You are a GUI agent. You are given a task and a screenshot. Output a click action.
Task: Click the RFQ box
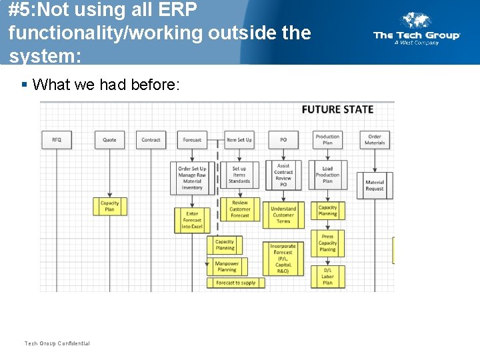(x=57, y=139)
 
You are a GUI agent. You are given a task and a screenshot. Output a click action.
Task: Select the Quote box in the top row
(x=109, y=139)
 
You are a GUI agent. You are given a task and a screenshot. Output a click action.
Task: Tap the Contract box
(x=151, y=139)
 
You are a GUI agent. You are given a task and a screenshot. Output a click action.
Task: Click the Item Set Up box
(x=239, y=139)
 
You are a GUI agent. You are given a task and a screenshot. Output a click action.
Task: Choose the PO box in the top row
(x=283, y=139)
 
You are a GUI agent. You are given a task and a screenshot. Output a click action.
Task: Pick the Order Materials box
(x=375, y=139)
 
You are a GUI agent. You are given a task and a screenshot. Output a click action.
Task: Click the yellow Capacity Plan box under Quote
(x=109, y=206)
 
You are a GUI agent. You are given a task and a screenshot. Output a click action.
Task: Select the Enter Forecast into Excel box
(x=192, y=220)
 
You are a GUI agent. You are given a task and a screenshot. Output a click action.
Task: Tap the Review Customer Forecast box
(x=239, y=209)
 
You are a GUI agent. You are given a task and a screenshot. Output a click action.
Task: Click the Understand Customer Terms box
(x=283, y=215)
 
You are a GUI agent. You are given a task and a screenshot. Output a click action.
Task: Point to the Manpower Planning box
(x=227, y=267)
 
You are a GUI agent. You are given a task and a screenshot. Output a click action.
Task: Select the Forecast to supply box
(x=235, y=283)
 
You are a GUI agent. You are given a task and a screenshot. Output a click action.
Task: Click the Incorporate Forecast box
(x=283, y=258)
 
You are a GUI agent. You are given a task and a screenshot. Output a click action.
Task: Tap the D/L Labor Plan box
(x=327, y=276)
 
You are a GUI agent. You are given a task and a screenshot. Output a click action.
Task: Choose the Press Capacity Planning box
(x=327, y=243)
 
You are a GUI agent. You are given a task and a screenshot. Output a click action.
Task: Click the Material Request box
(x=375, y=185)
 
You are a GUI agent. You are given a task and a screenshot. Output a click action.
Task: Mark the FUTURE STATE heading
(x=337, y=109)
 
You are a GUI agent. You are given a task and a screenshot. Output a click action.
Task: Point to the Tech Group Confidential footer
(x=57, y=343)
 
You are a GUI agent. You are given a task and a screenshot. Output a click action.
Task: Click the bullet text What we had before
(x=106, y=84)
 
